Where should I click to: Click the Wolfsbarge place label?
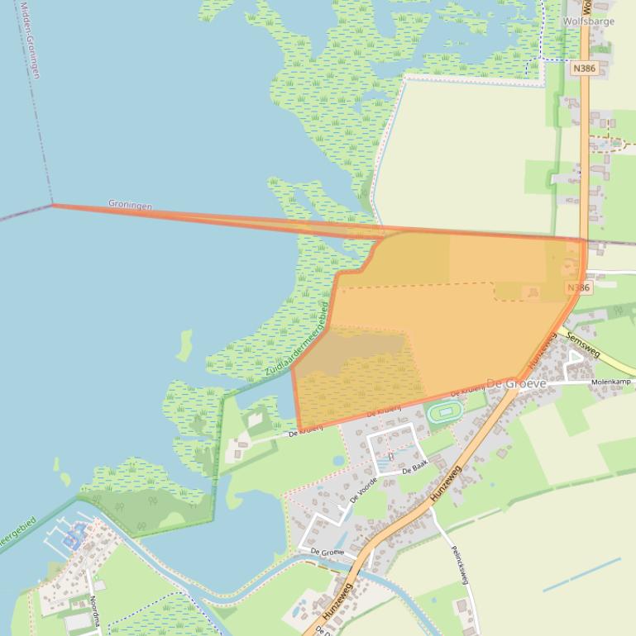pos(588,21)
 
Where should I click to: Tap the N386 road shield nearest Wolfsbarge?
pos(583,69)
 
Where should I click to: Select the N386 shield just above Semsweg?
pos(578,287)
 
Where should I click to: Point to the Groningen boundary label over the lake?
pos(130,204)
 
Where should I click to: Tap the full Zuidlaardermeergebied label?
pos(297,340)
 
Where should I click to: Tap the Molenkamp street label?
pos(610,382)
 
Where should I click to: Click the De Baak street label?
pos(413,469)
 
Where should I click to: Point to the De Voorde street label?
pos(363,489)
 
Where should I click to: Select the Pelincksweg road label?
pos(460,564)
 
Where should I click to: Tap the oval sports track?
pos(444,411)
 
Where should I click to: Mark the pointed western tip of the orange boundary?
pos(53,204)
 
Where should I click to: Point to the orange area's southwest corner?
pos(299,429)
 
